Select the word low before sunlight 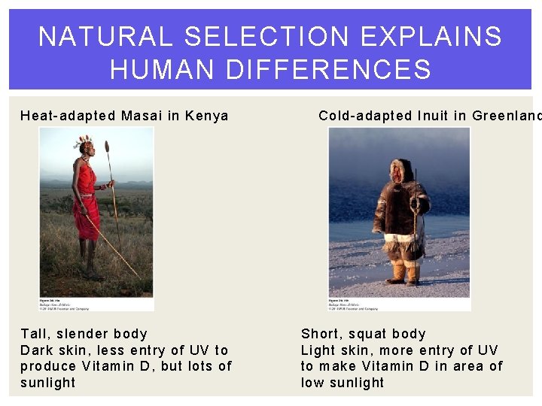(313, 383)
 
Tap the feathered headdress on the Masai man (84, 141)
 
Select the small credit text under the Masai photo (64, 304)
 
